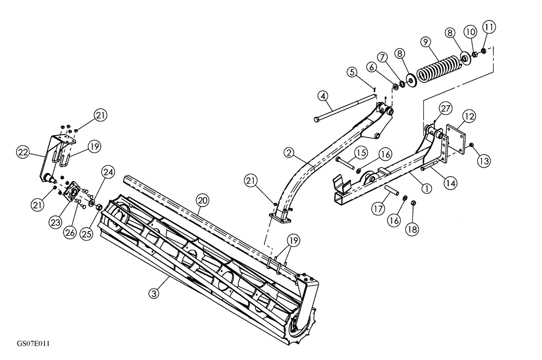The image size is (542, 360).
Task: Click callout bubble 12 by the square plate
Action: [469, 117]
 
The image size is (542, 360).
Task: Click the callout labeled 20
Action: [202, 200]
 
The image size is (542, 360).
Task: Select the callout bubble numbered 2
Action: [290, 153]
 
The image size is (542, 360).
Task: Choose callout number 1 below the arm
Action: [428, 189]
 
